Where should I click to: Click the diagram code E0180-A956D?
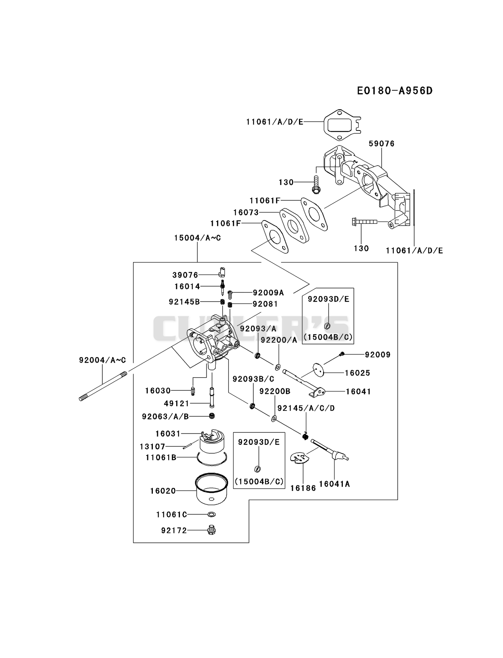click(x=395, y=91)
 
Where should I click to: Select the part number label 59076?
click(x=382, y=144)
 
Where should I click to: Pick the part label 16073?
click(x=246, y=212)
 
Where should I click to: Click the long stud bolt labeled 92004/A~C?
click(x=103, y=386)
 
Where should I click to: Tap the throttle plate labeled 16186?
click(x=300, y=459)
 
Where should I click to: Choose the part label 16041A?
click(x=334, y=484)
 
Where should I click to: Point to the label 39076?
click(x=185, y=275)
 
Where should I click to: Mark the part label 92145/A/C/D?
click(x=306, y=408)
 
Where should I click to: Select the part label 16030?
click(x=158, y=391)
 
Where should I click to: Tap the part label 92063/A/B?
click(x=165, y=417)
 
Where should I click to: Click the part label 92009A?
click(x=268, y=293)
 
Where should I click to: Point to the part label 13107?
click(x=153, y=447)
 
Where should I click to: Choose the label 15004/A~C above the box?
click(x=197, y=238)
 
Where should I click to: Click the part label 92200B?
click(x=275, y=392)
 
